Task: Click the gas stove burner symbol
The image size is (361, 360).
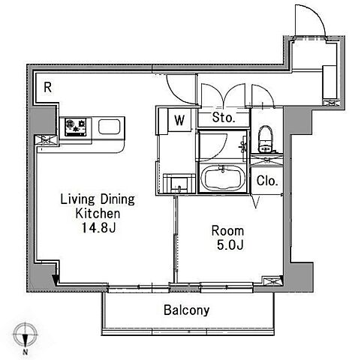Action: click(76, 127)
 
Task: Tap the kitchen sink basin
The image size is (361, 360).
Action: click(109, 127)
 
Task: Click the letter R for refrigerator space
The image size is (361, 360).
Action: click(48, 88)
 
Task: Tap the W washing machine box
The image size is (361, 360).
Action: click(179, 120)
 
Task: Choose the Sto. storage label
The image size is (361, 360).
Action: click(224, 117)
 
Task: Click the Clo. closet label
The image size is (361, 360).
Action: click(267, 181)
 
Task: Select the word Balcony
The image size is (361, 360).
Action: click(186, 310)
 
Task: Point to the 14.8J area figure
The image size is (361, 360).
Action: click(99, 227)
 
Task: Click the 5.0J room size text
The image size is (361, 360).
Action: click(230, 245)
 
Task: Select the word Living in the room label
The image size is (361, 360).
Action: click(78, 199)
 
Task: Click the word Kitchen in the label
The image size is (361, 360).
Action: click(98, 214)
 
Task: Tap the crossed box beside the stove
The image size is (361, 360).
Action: click(46, 139)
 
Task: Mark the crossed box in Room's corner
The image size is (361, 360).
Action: click(272, 281)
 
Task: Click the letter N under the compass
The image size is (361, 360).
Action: click(25, 352)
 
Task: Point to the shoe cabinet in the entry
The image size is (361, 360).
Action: click(329, 82)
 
